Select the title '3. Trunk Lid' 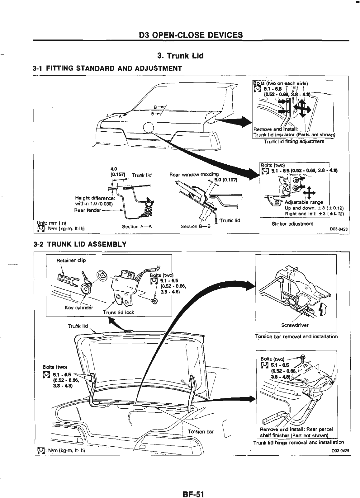coord(180,56)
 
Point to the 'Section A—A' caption coord(137,227)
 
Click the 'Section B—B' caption coord(196,227)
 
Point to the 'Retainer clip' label coord(71,260)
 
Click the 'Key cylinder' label coord(79,308)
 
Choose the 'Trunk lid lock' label coord(118,312)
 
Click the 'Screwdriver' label coord(295,325)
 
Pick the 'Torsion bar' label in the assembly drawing coord(201,431)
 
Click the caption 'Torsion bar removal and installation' coord(296,336)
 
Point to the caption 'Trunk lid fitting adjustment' coord(294,142)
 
